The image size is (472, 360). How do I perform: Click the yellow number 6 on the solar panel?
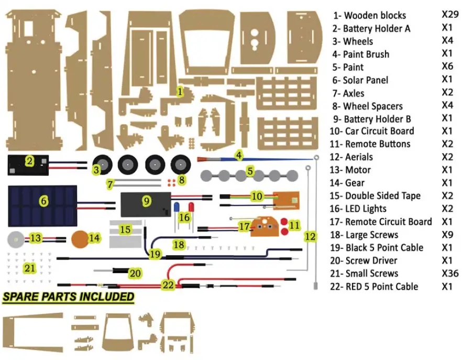click(x=43, y=201)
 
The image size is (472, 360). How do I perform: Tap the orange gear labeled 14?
click(x=80, y=238)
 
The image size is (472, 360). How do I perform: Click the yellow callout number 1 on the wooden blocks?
click(x=180, y=92)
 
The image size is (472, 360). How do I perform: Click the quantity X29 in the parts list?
click(x=450, y=14)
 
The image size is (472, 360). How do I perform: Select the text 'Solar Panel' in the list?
click(x=365, y=80)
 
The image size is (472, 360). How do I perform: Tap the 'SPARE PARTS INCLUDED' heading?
click(x=68, y=297)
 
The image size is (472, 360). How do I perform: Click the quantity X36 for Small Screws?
click(x=450, y=273)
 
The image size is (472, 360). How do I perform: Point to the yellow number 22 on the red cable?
click(x=168, y=285)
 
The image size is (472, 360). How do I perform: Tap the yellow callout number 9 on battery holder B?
click(x=147, y=201)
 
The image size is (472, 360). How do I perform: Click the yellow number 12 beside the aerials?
click(x=310, y=237)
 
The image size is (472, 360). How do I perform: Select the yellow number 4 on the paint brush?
click(x=239, y=155)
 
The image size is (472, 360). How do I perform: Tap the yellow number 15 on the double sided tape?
click(x=125, y=230)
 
